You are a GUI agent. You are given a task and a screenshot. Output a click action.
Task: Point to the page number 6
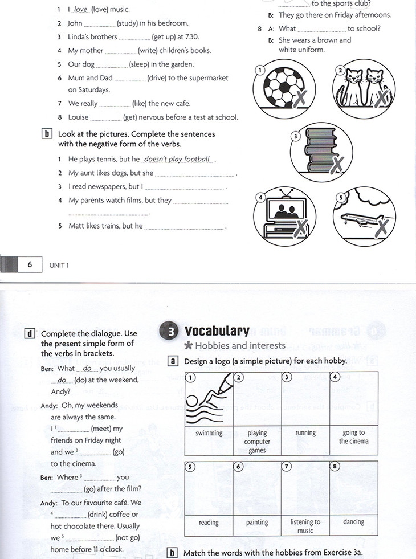click(30, 264)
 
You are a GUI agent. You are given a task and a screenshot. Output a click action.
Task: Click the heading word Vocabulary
click(217, 331)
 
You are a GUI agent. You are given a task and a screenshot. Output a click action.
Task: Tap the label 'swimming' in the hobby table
click(209, 433)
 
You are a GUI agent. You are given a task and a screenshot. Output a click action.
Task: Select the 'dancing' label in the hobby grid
click(354, 521)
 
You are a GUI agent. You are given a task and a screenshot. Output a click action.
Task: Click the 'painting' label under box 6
click(257, 522)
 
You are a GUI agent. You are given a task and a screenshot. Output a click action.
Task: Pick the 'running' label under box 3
click(305, 433)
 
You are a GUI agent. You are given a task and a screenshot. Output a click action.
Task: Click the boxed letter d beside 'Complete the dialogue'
click(29, 333)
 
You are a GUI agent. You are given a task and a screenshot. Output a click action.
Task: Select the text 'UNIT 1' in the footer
click(58, 265)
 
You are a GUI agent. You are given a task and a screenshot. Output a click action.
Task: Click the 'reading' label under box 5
click(209, 522)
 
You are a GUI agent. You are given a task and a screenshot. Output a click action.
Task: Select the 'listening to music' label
click(305, 526)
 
